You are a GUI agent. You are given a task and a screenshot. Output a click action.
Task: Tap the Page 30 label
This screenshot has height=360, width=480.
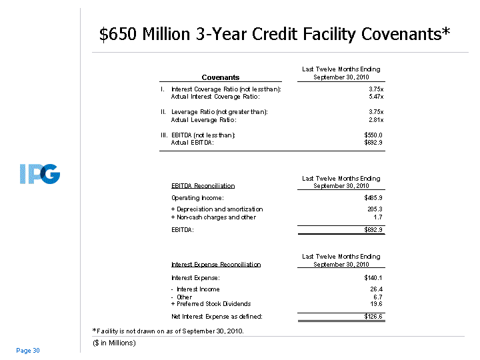[x=28, y=351]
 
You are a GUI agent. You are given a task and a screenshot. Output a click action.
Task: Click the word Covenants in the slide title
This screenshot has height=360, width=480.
[x=398, y=34]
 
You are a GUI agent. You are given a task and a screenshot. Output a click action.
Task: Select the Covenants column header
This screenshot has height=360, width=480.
[x=220, y=77]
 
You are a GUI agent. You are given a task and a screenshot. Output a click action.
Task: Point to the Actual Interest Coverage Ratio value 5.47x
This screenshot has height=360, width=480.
[x=375, y=97]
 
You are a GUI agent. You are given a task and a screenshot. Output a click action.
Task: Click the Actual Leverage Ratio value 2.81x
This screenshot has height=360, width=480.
[x=375, y=120]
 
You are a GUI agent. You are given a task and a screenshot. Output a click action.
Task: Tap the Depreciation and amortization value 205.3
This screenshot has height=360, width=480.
[x=375, y=209]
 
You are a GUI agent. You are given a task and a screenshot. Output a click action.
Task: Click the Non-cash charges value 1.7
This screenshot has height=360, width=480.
[x=378, y=217]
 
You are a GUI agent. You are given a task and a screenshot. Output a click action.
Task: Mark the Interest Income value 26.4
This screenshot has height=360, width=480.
[x=376, y=289]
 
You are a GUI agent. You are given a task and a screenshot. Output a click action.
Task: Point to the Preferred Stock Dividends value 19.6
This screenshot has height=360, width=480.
[x=376, y=304]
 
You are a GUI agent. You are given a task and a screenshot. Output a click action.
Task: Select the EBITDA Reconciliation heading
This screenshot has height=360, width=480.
[x=203, y=186]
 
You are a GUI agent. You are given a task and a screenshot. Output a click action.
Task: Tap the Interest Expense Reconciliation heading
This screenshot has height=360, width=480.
[x=216, y=265]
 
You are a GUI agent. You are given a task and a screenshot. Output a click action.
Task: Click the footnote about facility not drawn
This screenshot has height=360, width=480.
[x=167, y=331]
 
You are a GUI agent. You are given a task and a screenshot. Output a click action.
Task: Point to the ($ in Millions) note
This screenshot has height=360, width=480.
[x=114, y=343]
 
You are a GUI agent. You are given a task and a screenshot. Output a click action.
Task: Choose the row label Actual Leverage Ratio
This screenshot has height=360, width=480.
[x=203, y=120]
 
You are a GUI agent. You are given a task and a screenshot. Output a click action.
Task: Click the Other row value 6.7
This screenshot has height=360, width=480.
[x=378, y=297]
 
